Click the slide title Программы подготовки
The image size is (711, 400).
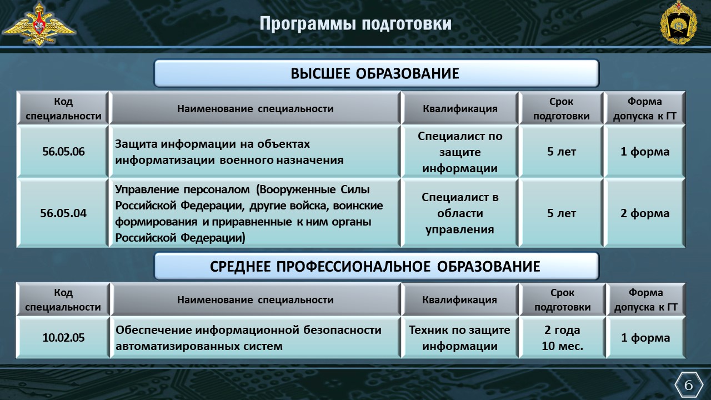[355, 24]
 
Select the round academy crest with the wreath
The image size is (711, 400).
[679, 23]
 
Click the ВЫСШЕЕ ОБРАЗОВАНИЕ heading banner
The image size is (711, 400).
[377, 73]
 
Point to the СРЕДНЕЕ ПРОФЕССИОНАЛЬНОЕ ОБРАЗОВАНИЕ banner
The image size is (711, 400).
[377, 266]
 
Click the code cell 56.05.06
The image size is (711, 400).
[63, 152]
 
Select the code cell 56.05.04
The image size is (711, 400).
[63, 213]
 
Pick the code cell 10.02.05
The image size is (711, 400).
[63, 337]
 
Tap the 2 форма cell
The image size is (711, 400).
[645, 213]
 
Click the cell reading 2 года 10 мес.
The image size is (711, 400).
[563, 337]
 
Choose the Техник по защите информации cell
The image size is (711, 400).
[459, 337]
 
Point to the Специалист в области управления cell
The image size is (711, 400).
[459, 213]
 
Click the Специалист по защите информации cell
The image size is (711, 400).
[459, 152]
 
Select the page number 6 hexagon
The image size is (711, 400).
[688, 386]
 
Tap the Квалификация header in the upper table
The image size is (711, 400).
[459, 108]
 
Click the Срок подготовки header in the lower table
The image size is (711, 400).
[563, 299]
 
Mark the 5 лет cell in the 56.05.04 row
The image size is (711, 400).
[561, 213]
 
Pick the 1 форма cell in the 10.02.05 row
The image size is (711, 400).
[645, 337]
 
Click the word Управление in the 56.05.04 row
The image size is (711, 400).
[147, 190]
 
